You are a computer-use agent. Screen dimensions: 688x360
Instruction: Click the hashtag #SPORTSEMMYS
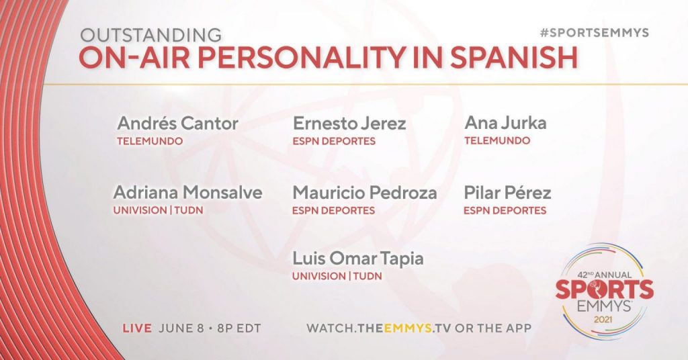coord(594,33)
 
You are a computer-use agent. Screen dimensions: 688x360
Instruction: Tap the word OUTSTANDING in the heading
coord(151,35)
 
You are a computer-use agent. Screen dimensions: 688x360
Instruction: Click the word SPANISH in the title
coord(513,58)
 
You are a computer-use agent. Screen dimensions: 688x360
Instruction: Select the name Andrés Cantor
coord(177,123)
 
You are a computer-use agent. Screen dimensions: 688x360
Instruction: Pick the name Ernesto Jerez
coord(349,124)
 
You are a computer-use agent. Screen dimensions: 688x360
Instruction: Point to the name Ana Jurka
coord(505,123)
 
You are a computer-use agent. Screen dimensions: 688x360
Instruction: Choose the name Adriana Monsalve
coord(188,193)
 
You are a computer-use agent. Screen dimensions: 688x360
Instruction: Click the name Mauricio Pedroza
coord(365,193)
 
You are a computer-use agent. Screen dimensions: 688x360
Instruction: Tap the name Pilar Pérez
coord(507,193)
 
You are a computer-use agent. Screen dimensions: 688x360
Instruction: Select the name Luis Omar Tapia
coord(358,259)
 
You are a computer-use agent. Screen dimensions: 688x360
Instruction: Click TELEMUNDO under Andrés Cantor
coord(150,141)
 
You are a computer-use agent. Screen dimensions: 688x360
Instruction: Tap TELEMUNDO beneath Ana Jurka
coord(498,141)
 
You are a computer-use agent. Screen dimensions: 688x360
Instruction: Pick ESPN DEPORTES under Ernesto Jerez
coord(335,141)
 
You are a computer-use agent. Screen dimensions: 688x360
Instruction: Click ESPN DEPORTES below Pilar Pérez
coord(505,210)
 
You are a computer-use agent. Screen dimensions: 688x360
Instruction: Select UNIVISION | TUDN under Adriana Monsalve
coord(159,210)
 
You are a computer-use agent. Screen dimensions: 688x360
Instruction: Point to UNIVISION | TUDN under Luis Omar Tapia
coord(337,276)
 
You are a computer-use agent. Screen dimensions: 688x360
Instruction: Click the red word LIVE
coord(137,328)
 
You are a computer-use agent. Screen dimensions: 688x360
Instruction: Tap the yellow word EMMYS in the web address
coord(408,328)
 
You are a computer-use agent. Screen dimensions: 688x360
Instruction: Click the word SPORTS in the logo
coord(605,289)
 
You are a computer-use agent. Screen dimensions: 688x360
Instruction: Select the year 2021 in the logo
coord(603,319)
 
